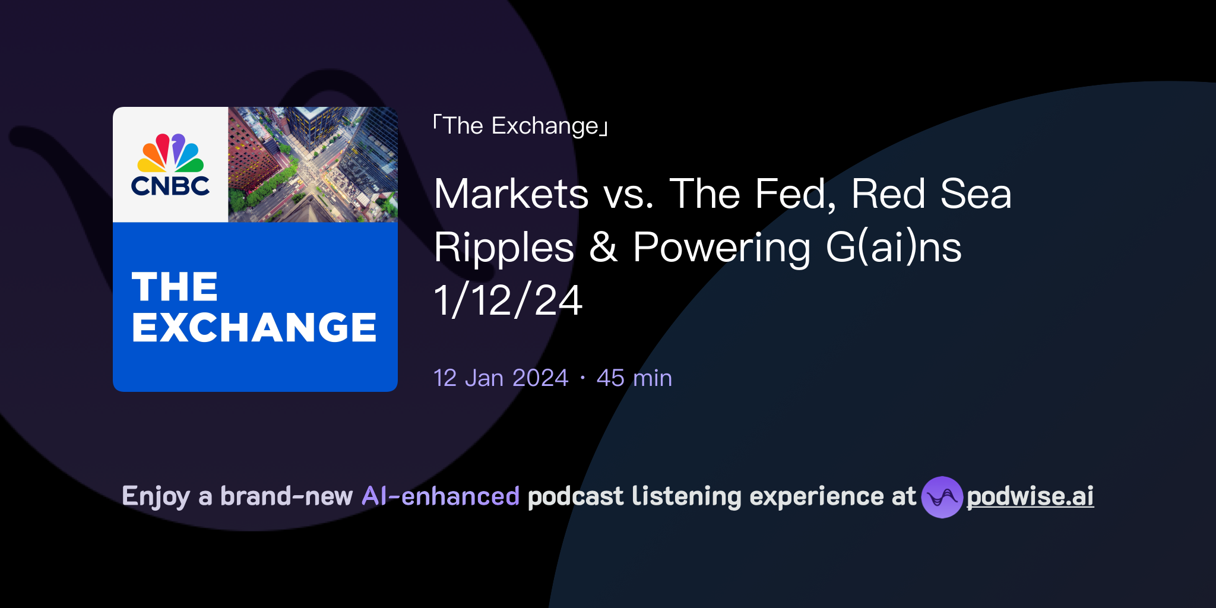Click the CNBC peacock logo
(x=170, y=153)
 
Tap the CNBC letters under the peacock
(x=170, y=186)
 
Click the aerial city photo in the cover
(x=313, y=164)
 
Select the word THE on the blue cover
(x=175, y=287)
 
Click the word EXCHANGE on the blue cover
(x=254, y=327)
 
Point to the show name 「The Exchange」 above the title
(x=521, y=126)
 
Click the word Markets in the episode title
(x=511, y=194)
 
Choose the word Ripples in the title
(x=504, y=247)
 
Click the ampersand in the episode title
(x=603, y=247)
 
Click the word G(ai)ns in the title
(x=893, y=247)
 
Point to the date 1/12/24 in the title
(x=508, y=300)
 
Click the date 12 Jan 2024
(x=501, y=378)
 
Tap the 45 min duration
(x=634, y=378)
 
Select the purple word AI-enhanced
(x=441, y=496)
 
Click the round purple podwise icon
(x=942, y=497)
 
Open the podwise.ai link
(x=1030, y=496)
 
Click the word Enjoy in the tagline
(x=156, y=496)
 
